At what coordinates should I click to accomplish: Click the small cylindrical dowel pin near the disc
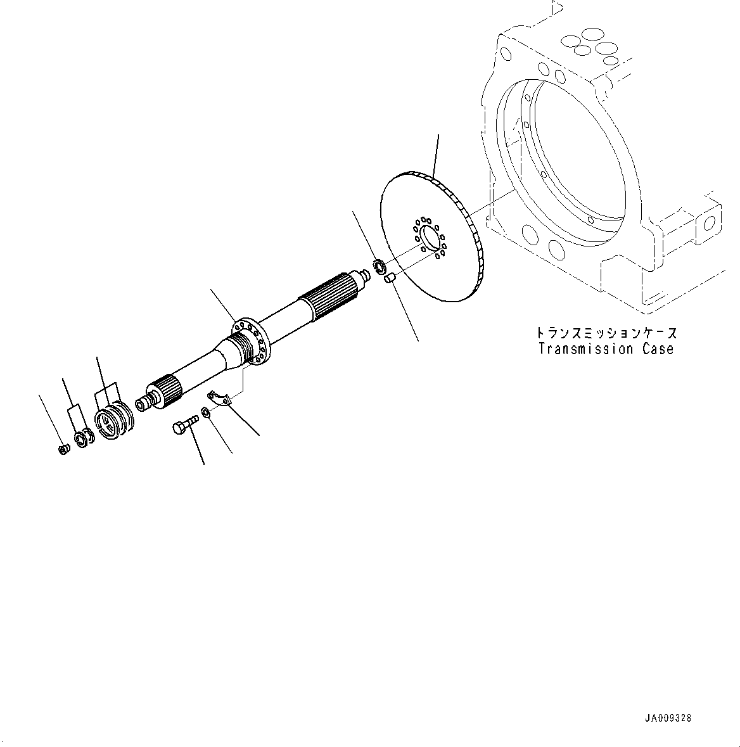(x=390, y=276)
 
